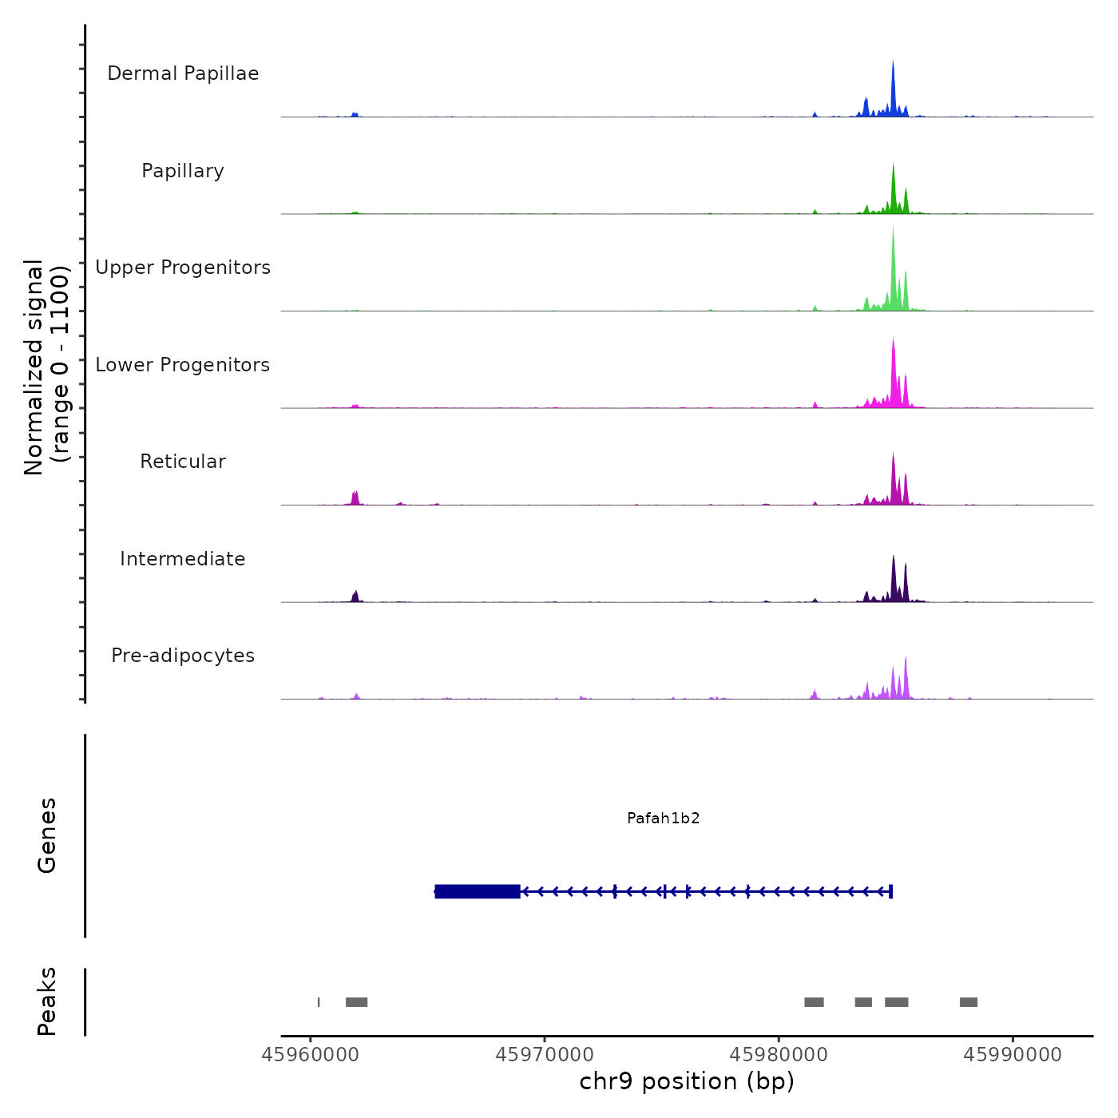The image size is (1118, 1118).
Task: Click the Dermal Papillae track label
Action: click(183, 73)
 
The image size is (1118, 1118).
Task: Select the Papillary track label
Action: click(183, 171)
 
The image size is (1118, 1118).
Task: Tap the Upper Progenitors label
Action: click(183, 268)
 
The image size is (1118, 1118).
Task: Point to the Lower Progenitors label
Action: click(183, 365)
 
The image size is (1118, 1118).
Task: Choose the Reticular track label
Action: click(183, 462)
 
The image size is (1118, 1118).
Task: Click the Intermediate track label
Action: click(183, 559)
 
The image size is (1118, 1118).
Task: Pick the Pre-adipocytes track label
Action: click(183, 656)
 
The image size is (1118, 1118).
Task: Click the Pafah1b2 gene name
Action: click(663, 819)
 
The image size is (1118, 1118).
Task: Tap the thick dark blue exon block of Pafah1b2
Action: click(478, 891)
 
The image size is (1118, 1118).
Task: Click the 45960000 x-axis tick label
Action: click(311, 1055)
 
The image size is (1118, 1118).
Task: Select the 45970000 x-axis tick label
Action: click(545, 1055)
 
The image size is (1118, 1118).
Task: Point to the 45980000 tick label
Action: click(779, 1055)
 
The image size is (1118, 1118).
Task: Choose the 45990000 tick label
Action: click(1013, 1055)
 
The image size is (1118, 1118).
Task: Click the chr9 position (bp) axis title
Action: click(687, 1081)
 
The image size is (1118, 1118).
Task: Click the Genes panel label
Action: click(46, 835)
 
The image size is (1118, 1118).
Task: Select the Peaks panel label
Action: click(46, 1001)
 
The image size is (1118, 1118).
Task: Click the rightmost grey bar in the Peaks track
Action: click(969, 1002)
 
